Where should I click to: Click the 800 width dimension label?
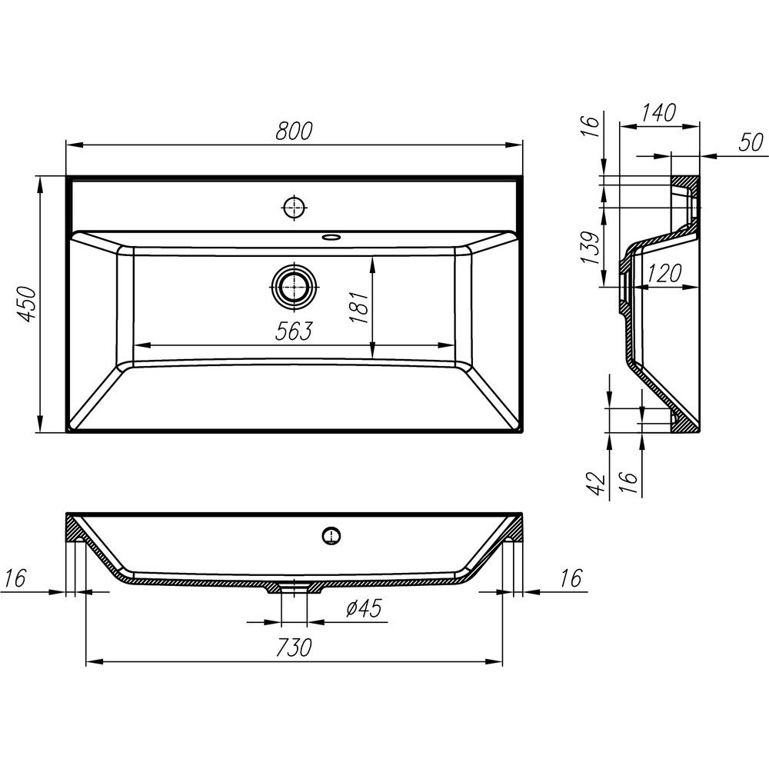pos(294,131)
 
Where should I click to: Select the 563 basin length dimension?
pos(294,331)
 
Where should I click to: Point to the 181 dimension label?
pos(359,307)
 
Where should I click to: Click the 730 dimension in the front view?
pos(294,647)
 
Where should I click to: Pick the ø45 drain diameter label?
pos(364,608)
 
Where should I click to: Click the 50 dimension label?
pos(751,142)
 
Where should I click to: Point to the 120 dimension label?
pos(664,273)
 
